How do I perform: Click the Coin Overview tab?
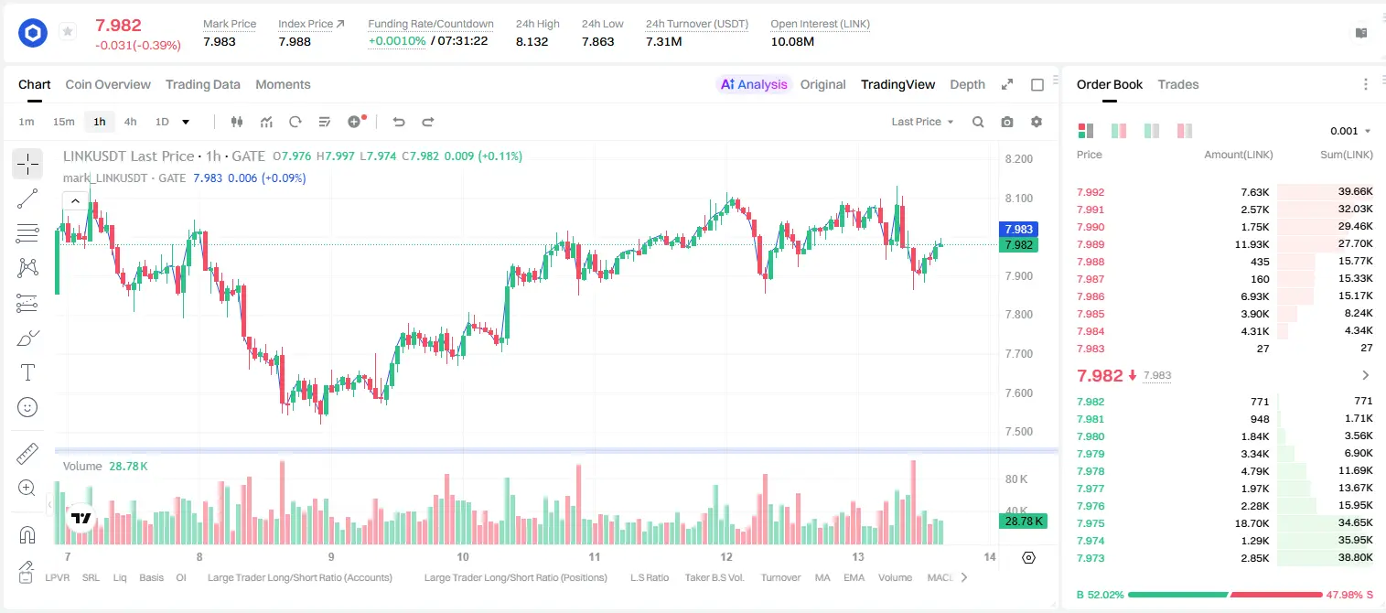(x=108, y=84)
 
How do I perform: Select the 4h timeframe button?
(x=130, y=122)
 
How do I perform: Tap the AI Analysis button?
(x=754, y=84)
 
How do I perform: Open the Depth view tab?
(x=967, y=84)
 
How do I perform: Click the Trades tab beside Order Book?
(x=1178, y=84)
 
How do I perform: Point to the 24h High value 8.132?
(x=532, y=41)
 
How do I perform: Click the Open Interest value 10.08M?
(x=792, y=41)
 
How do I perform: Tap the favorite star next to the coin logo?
(x=68, y=31)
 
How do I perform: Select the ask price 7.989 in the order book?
(x=1091, y=244)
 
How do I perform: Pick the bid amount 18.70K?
(x=1252, y=523)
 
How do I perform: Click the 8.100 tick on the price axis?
(x=1019, y=198)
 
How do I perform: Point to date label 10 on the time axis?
(x=463, y=556)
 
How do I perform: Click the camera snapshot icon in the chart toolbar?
(x=1007, y=122)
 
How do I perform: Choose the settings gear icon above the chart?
(x=1037, y=122)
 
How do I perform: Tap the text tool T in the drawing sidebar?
(x=27, y=372)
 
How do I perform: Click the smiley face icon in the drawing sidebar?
(x=27, y=407)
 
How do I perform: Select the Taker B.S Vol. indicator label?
(x=714, y=577)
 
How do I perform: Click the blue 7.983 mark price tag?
(x=1018, y=229)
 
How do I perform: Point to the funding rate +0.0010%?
(x=397, y=41)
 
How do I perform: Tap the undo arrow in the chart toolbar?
(x=399, y=122)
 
